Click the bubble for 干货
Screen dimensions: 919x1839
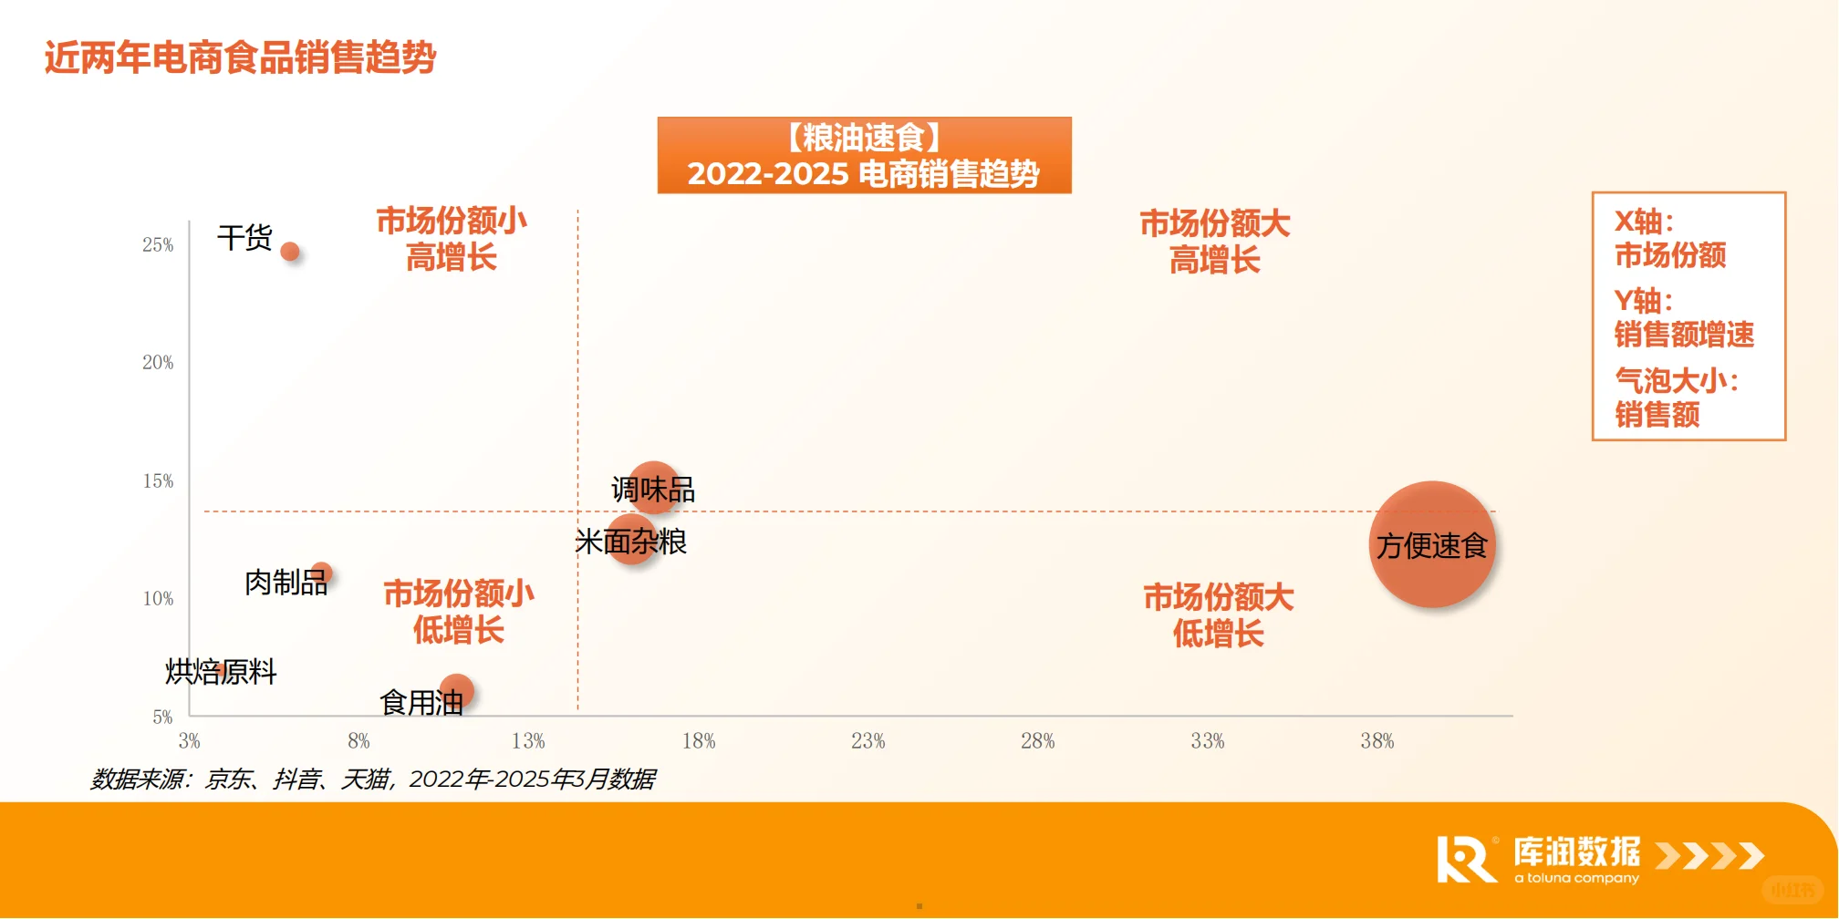290,252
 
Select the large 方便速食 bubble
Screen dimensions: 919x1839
1432,544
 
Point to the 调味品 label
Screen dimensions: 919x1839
653,490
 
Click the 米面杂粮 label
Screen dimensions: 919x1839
630,542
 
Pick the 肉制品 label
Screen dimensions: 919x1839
286,582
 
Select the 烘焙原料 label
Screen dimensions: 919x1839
221,672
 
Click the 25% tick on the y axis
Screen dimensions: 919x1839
158,244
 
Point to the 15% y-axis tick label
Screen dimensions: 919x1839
158,480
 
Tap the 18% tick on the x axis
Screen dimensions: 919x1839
699,741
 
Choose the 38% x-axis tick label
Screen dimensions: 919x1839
1377,741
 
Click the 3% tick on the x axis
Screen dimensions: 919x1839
189,741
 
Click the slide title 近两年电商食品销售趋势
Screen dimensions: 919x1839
240,57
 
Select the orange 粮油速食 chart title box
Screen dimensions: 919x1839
864,155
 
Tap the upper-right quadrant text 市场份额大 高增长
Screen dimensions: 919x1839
1214,242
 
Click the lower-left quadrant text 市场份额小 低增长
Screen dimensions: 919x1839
458,611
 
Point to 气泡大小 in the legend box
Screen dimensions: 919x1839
1676,380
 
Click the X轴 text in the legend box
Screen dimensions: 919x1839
1644,222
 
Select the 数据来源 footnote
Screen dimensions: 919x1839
372,779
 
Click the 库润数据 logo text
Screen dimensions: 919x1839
1576,852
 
